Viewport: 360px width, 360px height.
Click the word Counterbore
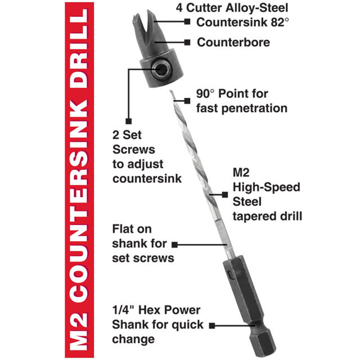click(x=233, y=43)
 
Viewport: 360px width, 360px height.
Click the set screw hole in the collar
click(x=161, y=69)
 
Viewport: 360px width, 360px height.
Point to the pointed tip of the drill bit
click(x=171, y=92)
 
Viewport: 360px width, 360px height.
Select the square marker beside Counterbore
click(x=187, y=43)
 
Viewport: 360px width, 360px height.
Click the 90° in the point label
click(x=205, y=94)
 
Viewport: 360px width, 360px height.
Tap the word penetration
click(x=254, y=109)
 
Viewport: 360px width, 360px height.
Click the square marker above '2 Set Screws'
click(x=129, y=121)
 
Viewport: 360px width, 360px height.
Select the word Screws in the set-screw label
click(x=134, y=150)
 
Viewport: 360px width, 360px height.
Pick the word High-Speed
click(x=266, y=187)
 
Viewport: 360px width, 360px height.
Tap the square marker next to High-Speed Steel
click(x=225, y=195)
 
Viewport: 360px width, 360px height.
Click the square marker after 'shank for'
click(x=175, y=245)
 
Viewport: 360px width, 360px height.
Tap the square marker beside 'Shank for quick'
click(x=212, y=325)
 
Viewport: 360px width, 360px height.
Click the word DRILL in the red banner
click(x=79, y=48)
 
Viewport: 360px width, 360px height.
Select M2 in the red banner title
click(x=79, y=332)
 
